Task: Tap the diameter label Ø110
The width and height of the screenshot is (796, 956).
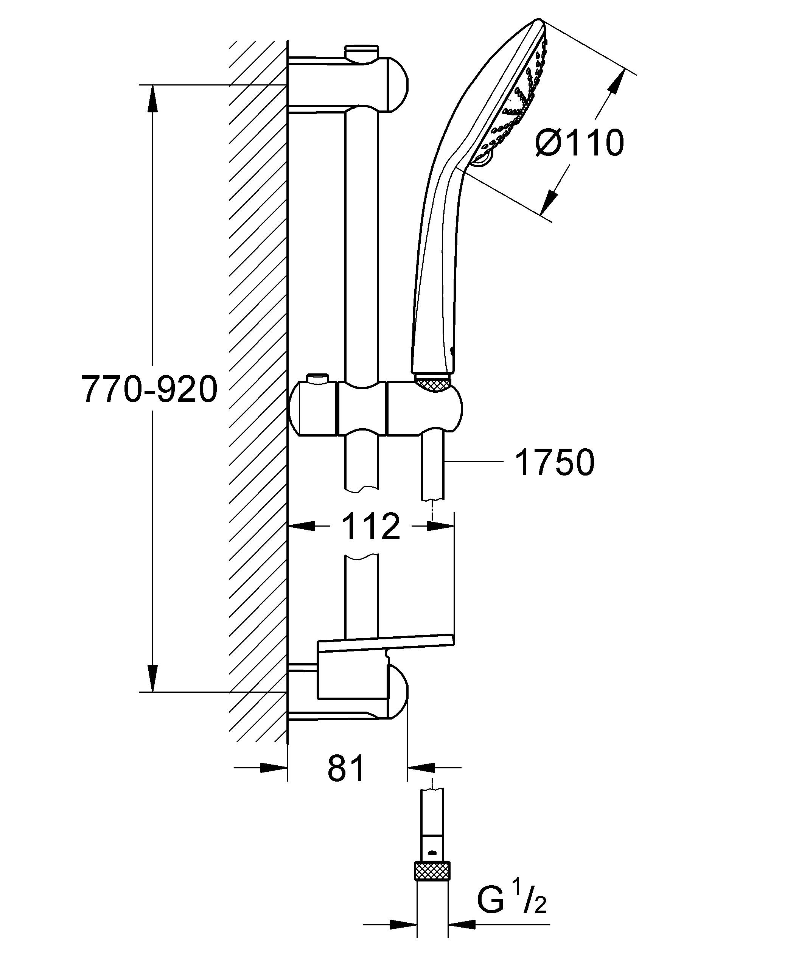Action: point(579,143)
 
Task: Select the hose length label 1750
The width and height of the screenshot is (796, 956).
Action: point(555,463)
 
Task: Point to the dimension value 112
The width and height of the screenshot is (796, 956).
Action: point(371,526)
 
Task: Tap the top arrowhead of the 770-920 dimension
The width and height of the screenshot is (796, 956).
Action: point(152,98)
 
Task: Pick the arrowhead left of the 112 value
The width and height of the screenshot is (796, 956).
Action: point(302,526)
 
